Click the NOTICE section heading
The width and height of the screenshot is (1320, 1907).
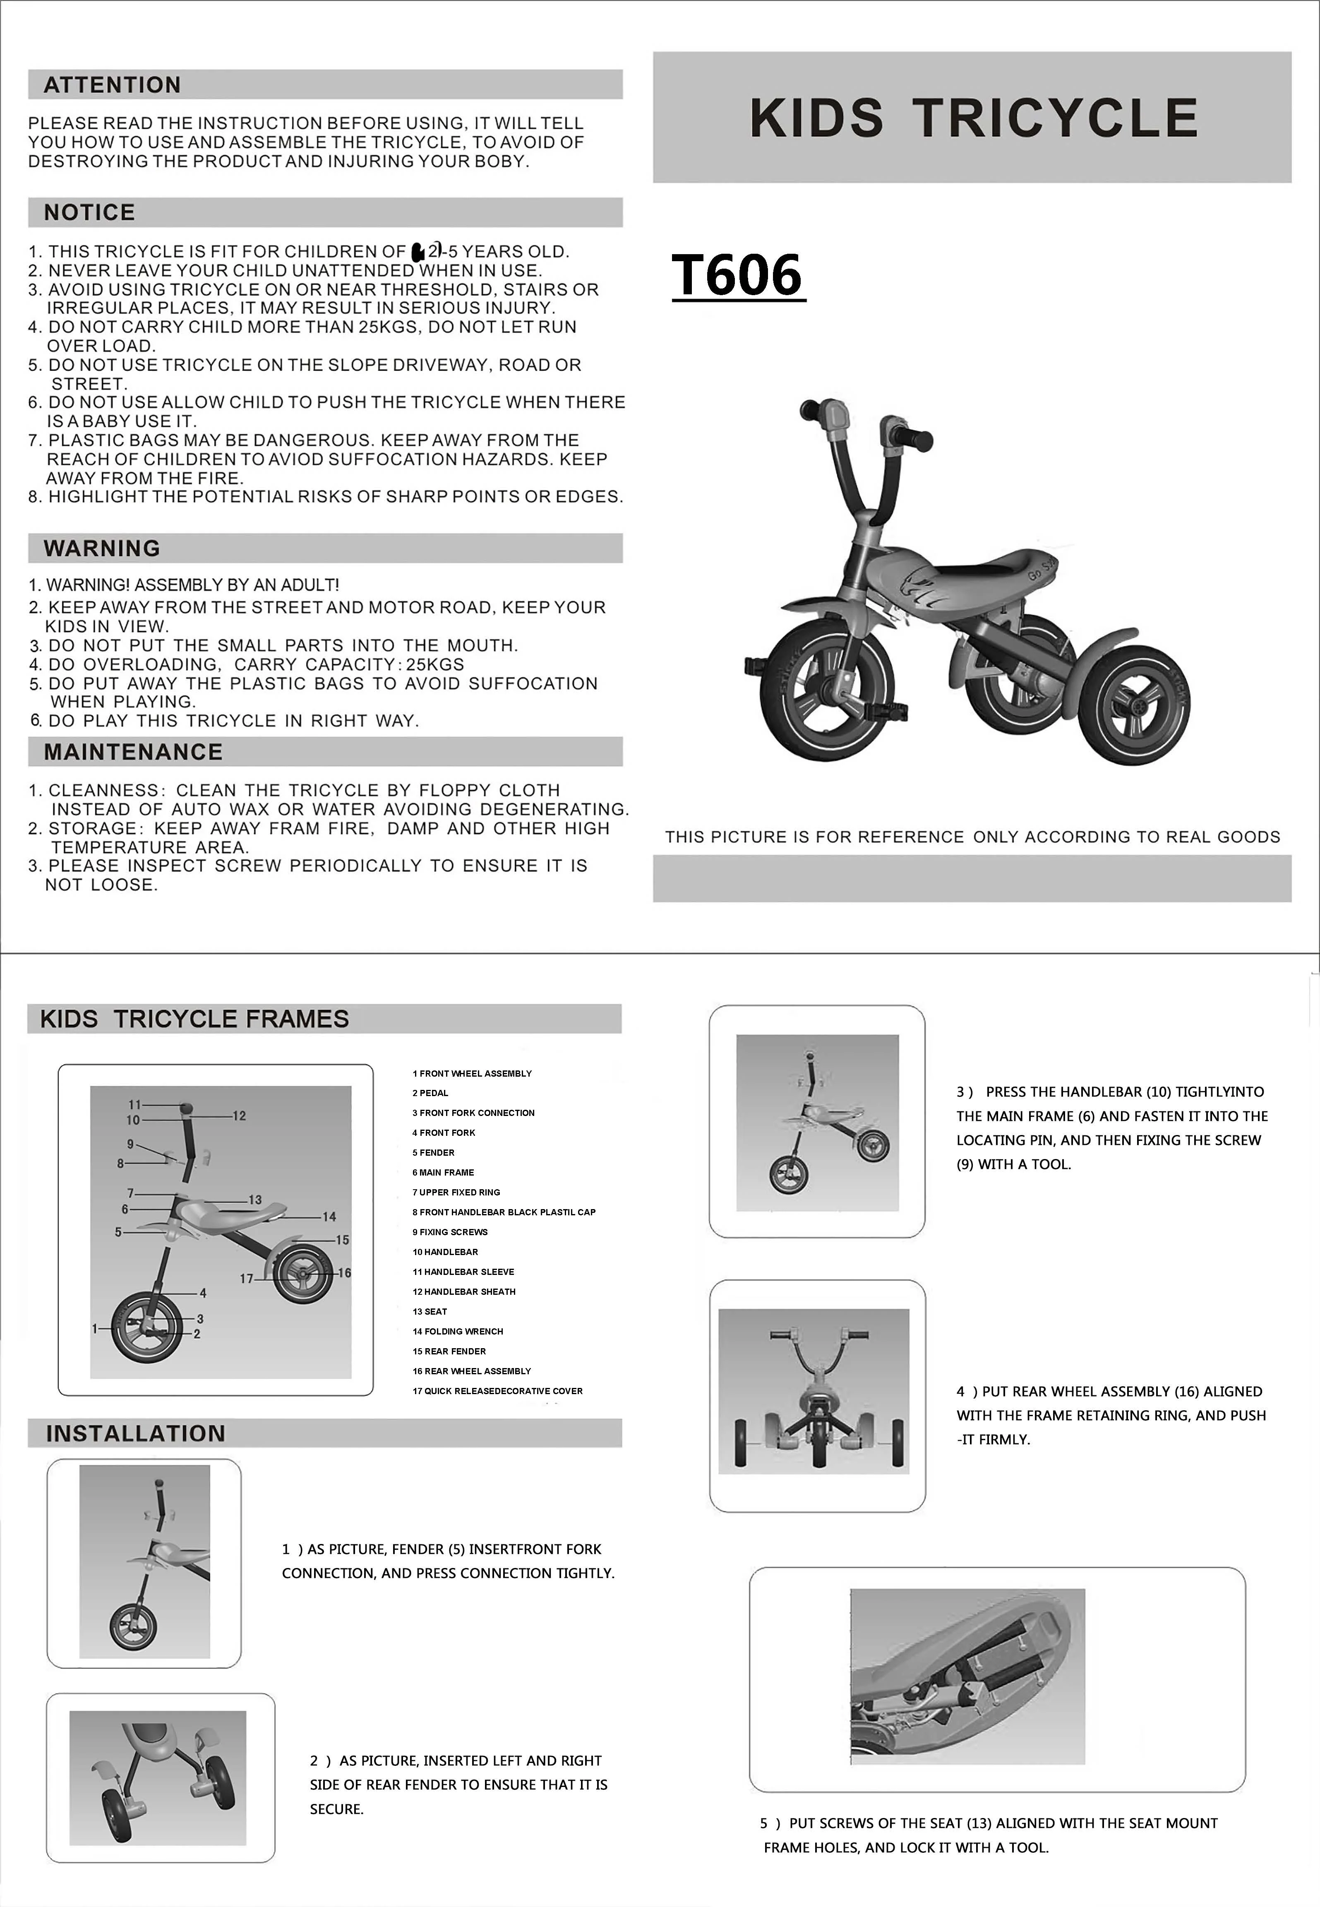click(89, 213)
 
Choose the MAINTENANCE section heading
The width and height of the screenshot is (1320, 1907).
click(133, 752)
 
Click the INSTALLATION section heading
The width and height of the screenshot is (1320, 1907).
click(136, 1434)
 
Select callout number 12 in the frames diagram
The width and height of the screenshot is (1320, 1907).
click(239, 1116)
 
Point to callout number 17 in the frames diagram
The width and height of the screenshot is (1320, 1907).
click(247, 1279)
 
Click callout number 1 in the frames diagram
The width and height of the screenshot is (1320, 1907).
click(95, 1329)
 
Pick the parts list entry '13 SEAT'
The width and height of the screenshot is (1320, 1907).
click(430, 1311)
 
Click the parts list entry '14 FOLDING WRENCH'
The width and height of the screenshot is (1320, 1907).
click(457, 1331)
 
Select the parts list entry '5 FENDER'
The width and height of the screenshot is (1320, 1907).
click(433, 1152)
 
